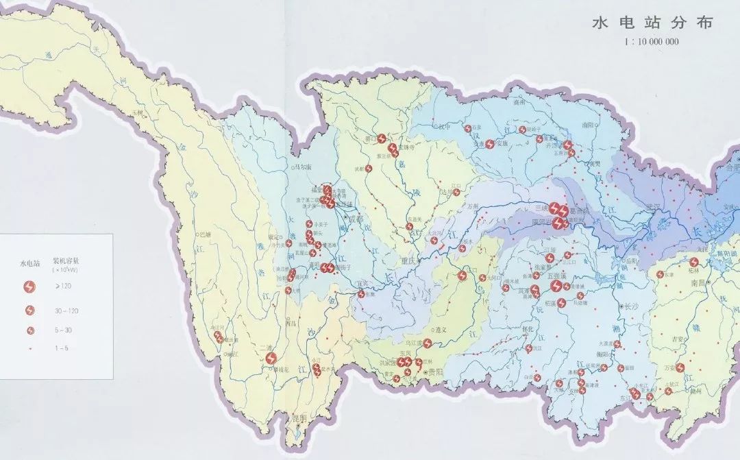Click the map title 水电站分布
(653, 23)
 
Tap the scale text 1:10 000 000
(651, 42)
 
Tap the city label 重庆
(410, 261)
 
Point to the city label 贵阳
(434, 372)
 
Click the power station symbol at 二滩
(271, 358)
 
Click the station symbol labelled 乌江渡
(428, 343)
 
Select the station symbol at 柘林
(694, 262)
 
